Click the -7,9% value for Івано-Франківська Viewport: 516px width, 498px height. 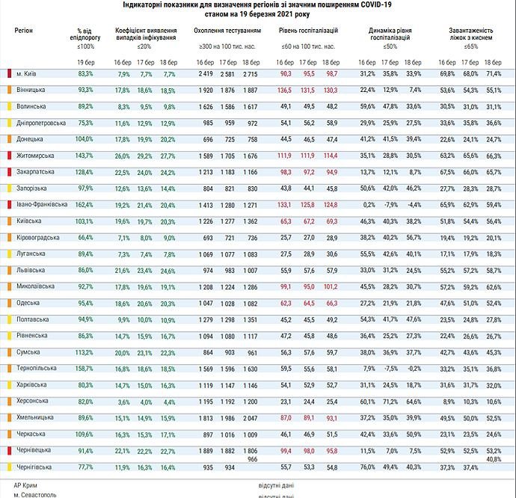pyautogui.click(x=390, y=204)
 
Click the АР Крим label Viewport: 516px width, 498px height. pyautogui.click(x=26, y=485)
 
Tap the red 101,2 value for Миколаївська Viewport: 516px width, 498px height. pyautogui.click(x=330, y=286)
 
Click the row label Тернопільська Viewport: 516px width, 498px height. pyautogui.click(x=37, y=368)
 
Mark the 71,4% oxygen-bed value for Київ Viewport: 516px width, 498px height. pyautogui.click(x=494, y=74)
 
